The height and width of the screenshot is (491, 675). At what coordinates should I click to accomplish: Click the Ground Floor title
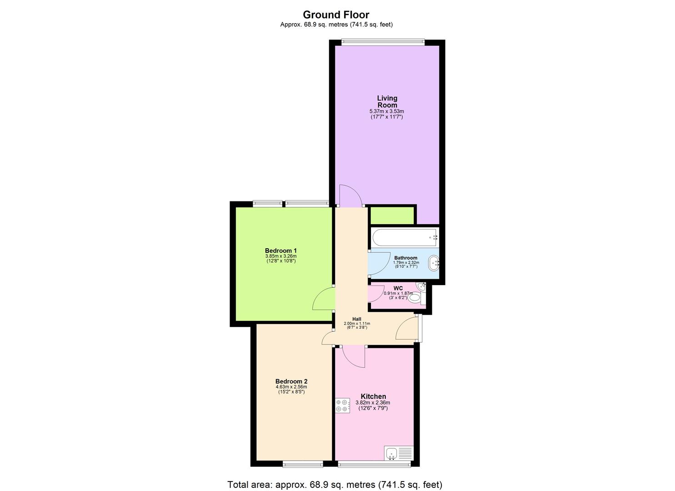[336, 15]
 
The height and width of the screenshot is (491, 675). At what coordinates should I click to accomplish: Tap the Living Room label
[387, 101]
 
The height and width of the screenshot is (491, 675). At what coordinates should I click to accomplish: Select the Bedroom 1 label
[281, 251]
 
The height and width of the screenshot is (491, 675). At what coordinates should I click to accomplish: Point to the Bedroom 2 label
[291, 381]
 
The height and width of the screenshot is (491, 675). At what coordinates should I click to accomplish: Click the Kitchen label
[373, 396]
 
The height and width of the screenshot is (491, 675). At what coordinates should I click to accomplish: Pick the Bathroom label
[405, 258]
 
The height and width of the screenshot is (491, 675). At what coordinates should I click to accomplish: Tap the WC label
[398, 288]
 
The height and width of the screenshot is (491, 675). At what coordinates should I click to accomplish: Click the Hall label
[357, 319]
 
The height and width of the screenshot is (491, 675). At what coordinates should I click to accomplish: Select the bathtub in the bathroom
[405, 237]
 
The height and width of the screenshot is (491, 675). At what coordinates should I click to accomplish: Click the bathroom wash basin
[434, 263]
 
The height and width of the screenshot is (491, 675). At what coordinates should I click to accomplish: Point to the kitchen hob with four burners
[343, 406]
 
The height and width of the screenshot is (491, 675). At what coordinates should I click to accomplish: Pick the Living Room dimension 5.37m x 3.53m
[387, 111]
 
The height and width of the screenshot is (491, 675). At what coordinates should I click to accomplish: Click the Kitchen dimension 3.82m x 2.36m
[373, 403]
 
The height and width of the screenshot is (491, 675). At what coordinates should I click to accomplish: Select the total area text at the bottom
[335, 485]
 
